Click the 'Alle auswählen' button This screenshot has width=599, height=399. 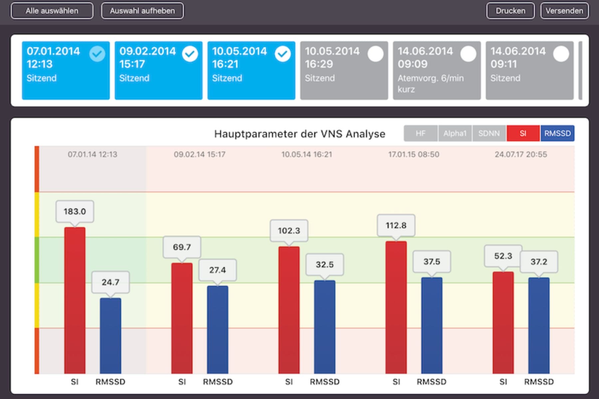pyautogui.click(x=52, y=11)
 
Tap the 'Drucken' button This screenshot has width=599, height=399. pyautogui.click(x=510, y=11)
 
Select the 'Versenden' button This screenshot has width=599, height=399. pyautogui.click(x=564, y=11)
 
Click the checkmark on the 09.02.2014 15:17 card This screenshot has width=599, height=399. pyautogui.click(x=190, y=54)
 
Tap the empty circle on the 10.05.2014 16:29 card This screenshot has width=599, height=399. pyautogui.click(x=375, y=54)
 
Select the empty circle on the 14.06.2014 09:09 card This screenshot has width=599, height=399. pyautogui.click(x=468, y=54)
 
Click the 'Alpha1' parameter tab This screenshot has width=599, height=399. pyautogui.click(x=455, y=133)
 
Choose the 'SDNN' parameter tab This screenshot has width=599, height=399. pyautogui.click(x=489, y=133)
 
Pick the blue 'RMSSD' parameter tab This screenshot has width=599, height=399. pyautogui.click(x=557, y=133)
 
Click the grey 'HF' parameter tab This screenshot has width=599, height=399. pyautogui.click(x=421, y=133)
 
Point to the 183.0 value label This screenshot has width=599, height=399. pyautogui.click(x=75, y=211)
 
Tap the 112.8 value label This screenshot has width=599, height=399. pyautogui.click(x=396, y=225)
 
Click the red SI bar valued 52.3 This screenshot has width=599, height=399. pyautogui.click(x=503, y=323)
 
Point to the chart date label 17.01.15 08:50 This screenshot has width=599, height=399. pyautogui.click(x=414, y=154)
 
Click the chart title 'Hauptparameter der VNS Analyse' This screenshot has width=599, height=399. pyautogui.click(x=299, y=134)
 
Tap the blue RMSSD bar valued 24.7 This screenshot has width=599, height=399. pyautogui.click(x=110, y=335)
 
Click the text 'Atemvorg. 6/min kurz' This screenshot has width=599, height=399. pyautogui.click(x=430, y=83)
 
